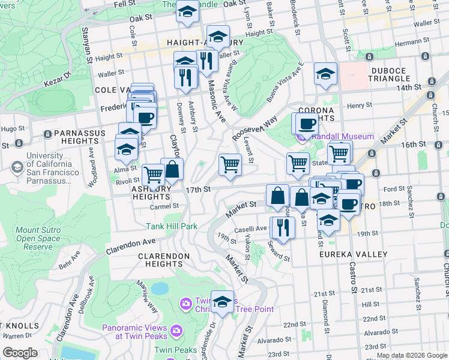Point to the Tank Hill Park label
172,226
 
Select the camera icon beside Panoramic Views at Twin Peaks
176,330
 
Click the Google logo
20,352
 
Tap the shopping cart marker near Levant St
230,164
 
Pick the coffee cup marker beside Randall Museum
307,124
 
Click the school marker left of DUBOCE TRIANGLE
325,74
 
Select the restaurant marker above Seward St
282,226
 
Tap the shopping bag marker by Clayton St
172,169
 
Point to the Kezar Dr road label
59,76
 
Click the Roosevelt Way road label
255,125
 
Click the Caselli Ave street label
253,229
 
